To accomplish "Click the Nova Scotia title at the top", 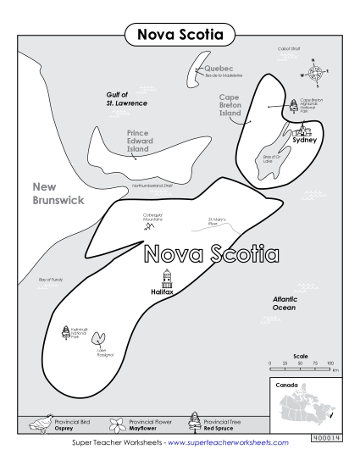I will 180,35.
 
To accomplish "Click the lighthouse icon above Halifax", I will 167,277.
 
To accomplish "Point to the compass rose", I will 314,72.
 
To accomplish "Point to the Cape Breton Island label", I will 230,105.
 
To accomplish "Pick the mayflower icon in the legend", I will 114,421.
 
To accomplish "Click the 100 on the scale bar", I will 330,363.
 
